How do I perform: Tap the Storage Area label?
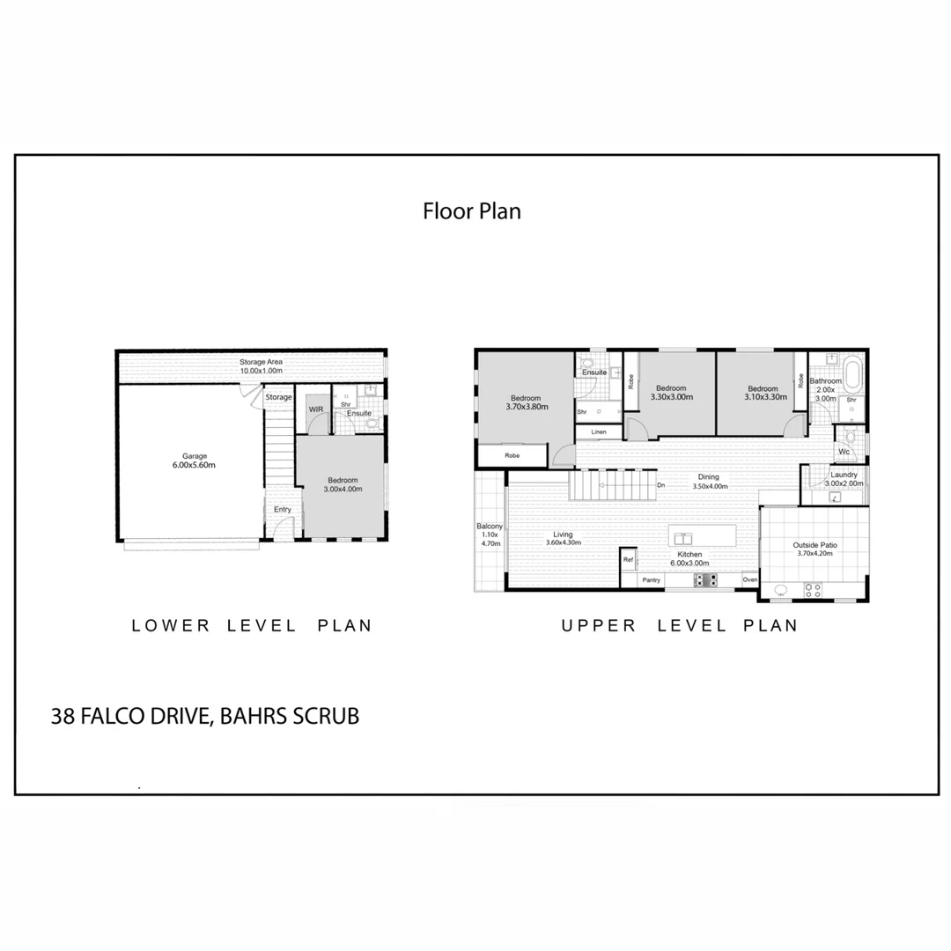261,362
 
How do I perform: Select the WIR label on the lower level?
315,409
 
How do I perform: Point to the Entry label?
282,510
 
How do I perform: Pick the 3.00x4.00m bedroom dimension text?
343,489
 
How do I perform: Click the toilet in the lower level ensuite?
372,424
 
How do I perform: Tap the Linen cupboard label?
599,432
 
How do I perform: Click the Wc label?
844,452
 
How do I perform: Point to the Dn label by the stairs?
660,485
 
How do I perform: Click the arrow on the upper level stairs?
601,485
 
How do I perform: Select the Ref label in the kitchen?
629,559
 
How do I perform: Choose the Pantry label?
651,580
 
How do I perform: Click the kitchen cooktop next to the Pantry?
705,579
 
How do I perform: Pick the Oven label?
749,580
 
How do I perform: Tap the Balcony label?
489,527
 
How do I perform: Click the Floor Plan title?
472,211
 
